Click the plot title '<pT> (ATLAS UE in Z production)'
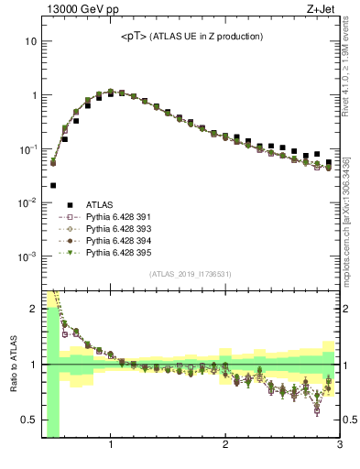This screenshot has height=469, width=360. click(192, 36)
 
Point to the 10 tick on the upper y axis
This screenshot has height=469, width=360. click(30, 41)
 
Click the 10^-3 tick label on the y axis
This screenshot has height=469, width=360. click(27, 256)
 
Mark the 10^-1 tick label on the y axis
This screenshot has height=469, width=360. click(27, 148)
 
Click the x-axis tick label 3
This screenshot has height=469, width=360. click(339, 446)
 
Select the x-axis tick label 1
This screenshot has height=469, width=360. click(111, 446)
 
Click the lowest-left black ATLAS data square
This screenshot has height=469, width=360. click(53, 185)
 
